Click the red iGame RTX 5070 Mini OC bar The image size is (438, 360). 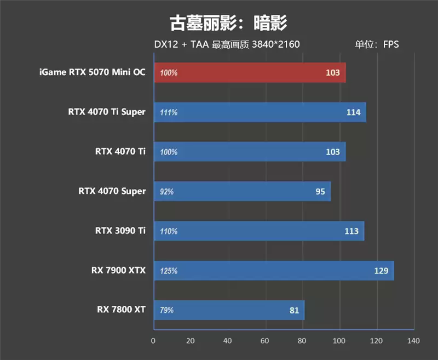tap(250, 72)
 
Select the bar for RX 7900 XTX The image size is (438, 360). tap(274, 271)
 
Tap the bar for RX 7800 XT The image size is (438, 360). tap(229, 310)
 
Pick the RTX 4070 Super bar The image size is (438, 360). tap(242, 191)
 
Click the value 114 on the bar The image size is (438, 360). tap(353, 112)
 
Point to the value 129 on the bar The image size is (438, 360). tap(381, 271)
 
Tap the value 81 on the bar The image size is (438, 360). tap(294, 310)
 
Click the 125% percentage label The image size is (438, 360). tap(169, 271)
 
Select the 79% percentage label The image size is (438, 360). tap(167, 310)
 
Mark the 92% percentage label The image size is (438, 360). tap(167, 192)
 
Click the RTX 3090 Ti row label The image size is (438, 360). tap(120, 231)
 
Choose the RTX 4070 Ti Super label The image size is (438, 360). tap(107, 112)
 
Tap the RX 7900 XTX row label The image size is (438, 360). tap(118, 270)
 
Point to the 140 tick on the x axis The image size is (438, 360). tap(413, 341)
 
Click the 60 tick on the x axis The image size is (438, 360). tap(266, 341)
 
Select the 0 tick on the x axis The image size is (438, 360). tap(153, 341)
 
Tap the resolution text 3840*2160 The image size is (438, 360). tap(275, 44)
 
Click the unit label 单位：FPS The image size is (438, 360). tap(377, 44)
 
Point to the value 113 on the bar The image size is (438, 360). tap(351, 231)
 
